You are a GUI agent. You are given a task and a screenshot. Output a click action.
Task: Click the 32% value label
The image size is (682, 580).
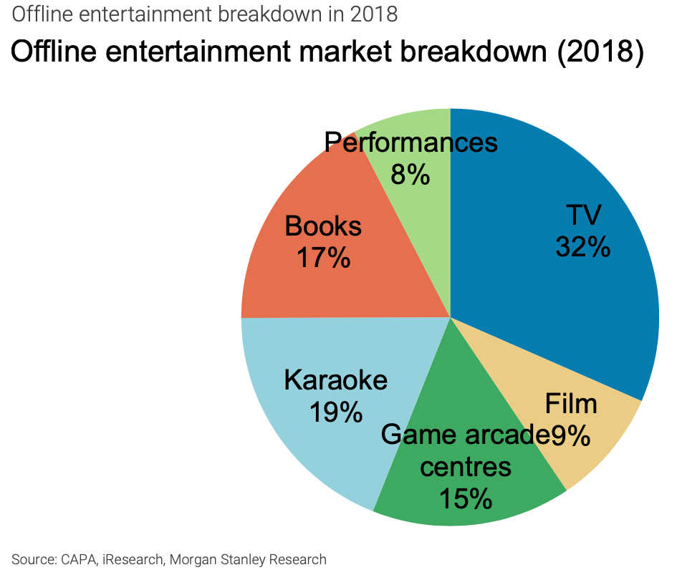coord(582,247)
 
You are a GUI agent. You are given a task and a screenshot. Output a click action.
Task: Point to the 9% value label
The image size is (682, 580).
coord(570,435)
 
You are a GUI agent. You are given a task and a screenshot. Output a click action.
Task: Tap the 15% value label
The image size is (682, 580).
coord(466,498)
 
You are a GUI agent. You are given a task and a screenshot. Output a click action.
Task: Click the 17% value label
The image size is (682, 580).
coord(323,258)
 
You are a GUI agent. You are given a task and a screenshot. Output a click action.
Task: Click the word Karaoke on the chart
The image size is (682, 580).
coord(335,380)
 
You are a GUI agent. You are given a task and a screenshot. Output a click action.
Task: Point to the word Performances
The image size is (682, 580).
coord(410,142)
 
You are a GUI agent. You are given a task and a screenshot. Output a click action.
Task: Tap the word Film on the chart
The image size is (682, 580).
coord(571,404)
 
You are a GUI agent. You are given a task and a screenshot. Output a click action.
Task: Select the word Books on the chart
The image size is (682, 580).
coord(323,226)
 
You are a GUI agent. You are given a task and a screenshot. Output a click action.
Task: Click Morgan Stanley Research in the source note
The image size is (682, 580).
coord(248,560)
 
